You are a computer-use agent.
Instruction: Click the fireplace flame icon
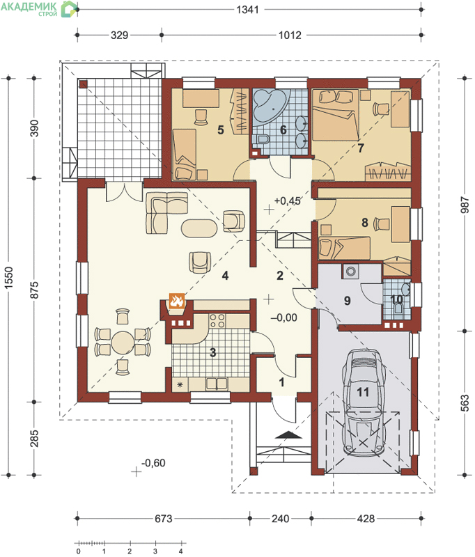[177, 301]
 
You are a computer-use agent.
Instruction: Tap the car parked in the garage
[364, 402]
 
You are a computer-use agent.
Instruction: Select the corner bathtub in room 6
[271, 105]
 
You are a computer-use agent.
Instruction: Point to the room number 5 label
[221, 130]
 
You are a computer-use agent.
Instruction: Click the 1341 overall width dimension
[247, 10]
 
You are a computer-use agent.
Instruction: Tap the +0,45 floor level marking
[288, 201]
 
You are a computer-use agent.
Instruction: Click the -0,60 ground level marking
[153, 463]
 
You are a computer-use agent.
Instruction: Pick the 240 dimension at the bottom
[280, 519]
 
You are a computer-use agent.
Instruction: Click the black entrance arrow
[288, 435]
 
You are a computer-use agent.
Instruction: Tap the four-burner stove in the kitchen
[217, 320]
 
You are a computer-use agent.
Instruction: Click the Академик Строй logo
[39, 8]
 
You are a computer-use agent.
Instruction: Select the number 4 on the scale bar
[181, 551]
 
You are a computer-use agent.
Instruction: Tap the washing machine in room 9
[351, 272]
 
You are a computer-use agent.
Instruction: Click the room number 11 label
[363, 392]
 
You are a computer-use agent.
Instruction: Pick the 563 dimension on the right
[465, 403]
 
